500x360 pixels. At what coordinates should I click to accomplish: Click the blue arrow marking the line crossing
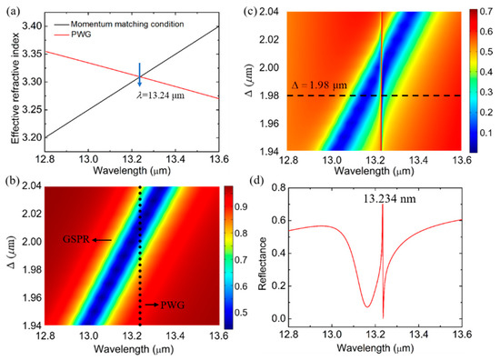139,75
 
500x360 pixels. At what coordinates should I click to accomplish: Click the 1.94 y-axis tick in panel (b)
31,325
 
